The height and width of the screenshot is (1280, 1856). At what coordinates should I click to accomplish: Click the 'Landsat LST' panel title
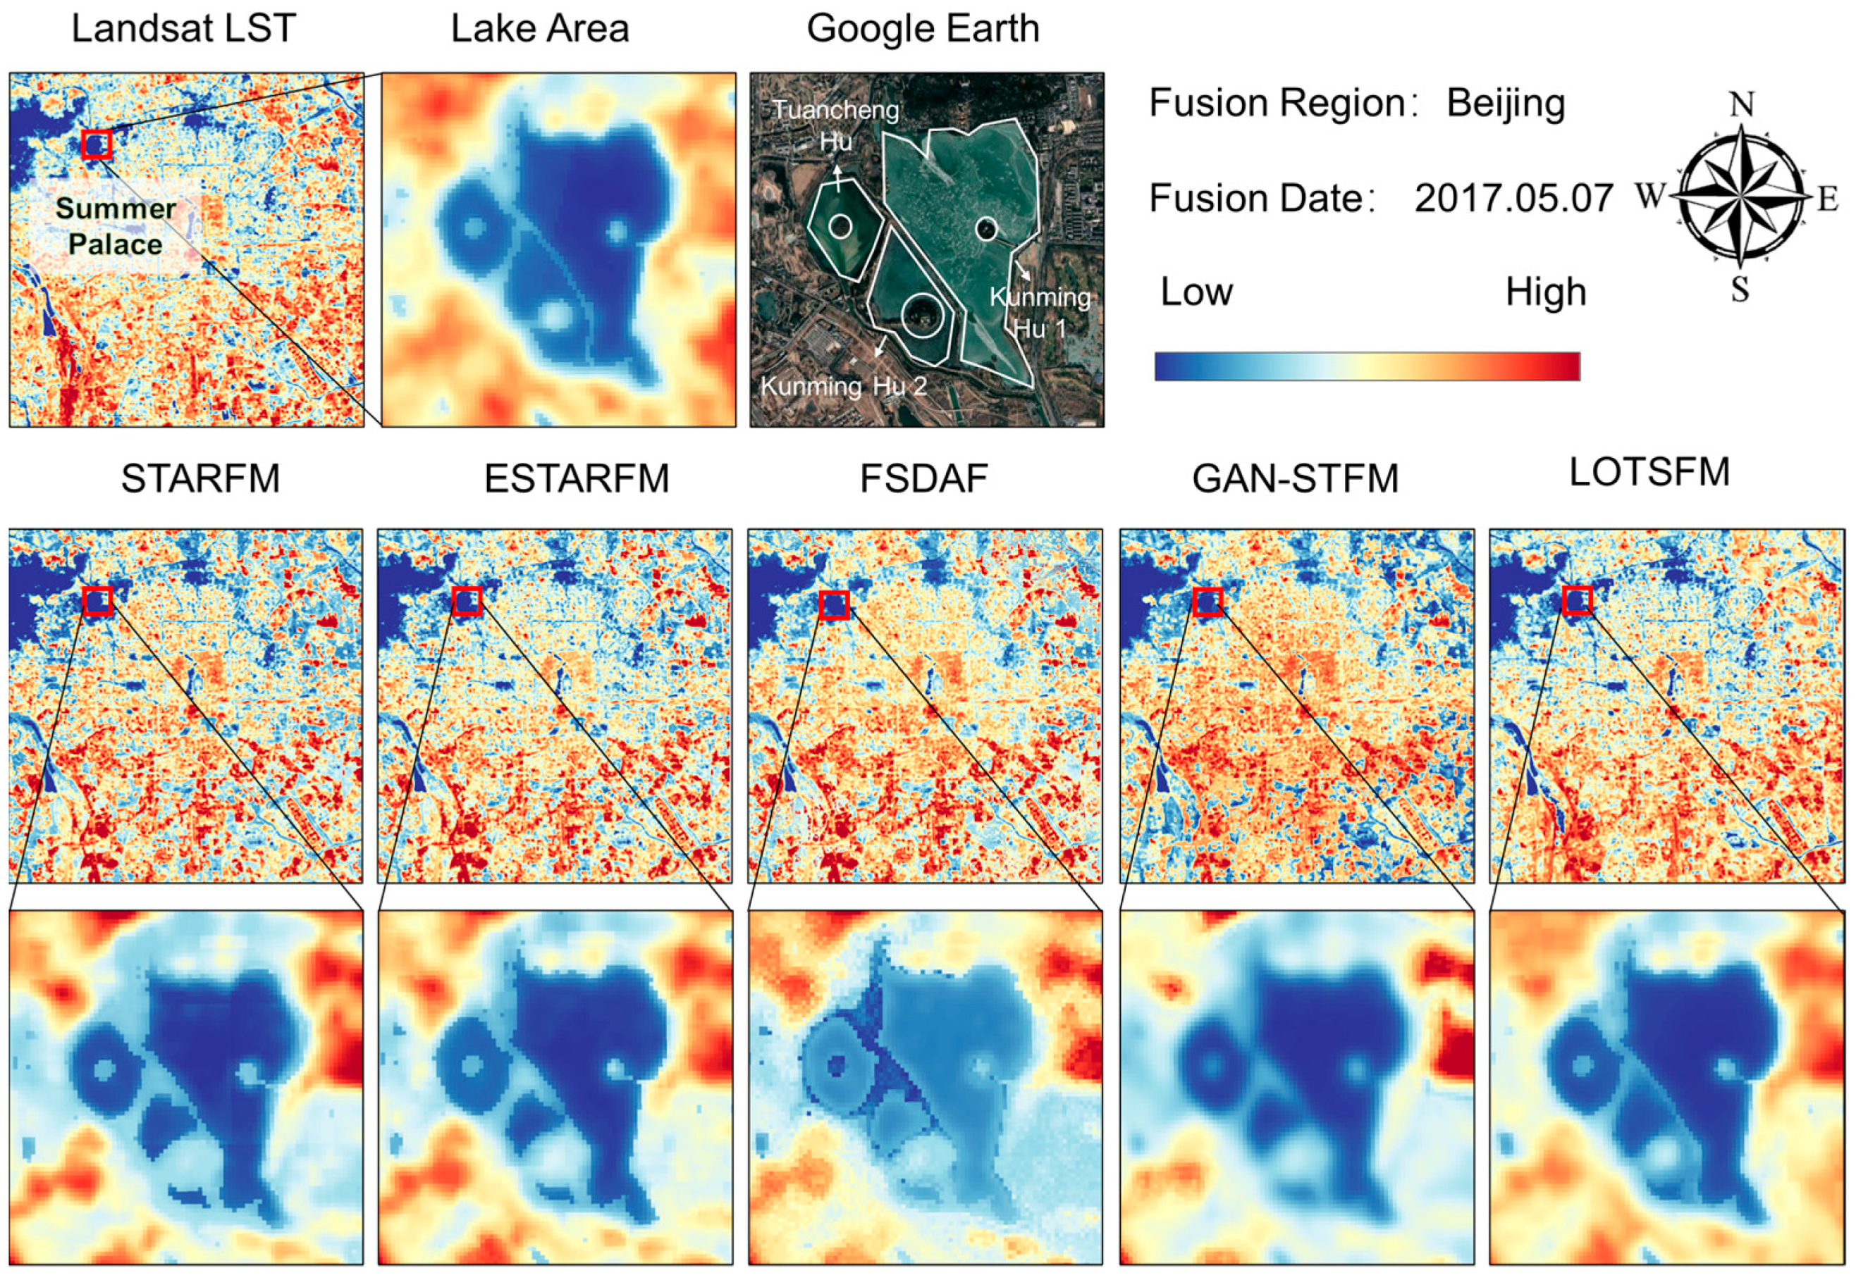[184, 29]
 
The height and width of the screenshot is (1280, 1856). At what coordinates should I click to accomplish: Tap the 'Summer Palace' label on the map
[116, 226]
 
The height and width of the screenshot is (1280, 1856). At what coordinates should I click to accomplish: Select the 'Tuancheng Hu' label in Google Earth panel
[835, 125]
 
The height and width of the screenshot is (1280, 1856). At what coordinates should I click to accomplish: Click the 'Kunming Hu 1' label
[1040, 313]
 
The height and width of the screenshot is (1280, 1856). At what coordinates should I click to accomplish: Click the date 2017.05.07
[1513, 198]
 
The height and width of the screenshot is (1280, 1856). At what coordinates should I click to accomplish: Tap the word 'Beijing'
[1506, 104]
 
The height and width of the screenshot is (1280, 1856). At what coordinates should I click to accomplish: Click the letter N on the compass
[1741, 104]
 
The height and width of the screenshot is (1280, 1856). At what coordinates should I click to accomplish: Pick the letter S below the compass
[1740, 290]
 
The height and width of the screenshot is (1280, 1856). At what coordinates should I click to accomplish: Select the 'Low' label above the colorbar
[1196, 293]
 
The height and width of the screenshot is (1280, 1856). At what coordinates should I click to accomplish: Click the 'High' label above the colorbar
[1545, 293]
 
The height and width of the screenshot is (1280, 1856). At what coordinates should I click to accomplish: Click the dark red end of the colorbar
[1568, 366]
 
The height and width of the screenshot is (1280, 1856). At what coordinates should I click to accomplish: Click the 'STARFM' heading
[201, 479]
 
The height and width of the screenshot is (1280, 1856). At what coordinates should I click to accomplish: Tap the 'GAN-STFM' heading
[1295, 479]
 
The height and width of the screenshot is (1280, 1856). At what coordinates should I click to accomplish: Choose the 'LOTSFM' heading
[1649, 473]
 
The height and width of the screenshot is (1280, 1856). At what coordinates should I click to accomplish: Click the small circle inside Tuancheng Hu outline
[840, 226]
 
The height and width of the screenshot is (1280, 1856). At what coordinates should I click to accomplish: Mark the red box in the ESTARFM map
[467, 601]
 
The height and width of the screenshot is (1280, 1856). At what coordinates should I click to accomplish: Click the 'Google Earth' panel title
[923, 29]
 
